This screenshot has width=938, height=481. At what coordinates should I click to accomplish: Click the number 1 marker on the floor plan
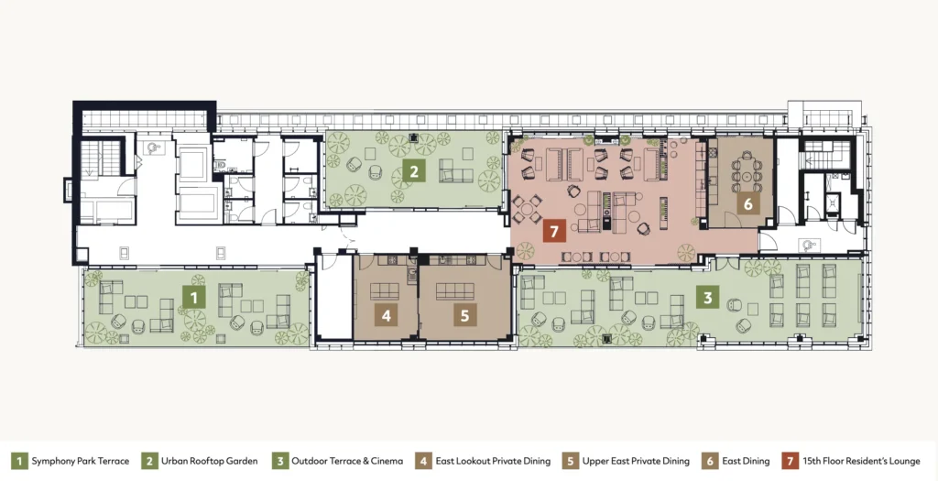coord(194,298)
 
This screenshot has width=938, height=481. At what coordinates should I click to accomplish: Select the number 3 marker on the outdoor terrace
coord(708,298)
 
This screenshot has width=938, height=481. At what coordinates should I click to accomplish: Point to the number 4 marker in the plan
coord(386,315)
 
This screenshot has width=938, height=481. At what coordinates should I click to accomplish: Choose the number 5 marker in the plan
coord(464,315)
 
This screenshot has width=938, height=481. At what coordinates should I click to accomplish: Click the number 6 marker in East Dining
coord(747,203)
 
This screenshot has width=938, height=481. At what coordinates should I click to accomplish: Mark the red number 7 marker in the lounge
coord(554,231)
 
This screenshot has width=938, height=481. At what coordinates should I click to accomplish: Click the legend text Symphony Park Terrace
coord(81,461)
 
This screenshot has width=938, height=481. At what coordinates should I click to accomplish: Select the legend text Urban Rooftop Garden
coord(210,461)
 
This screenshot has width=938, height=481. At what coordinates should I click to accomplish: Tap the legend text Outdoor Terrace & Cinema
coord(347,461)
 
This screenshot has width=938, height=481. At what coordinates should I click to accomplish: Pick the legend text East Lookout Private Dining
coord(493,461)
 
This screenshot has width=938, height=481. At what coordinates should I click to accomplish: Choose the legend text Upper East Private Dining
coord(636,461)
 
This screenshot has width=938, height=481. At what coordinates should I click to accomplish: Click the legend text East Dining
coord(746,461)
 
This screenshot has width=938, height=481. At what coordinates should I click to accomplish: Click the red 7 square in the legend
coord(791,461)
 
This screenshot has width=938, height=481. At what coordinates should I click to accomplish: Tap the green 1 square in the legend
coord(19,461)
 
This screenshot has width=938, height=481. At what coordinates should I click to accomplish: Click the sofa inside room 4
coord(385,291)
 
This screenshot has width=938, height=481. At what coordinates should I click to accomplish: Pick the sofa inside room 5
coord(454,291)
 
